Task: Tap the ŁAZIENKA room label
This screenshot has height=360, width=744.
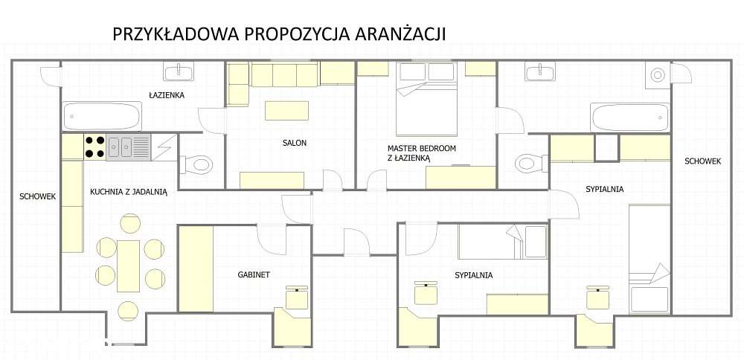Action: point(167,95)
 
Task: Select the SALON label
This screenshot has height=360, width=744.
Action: point(294,143)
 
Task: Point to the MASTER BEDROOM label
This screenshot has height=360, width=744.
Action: point(421,148)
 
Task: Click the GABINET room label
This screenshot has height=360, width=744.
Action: point(254,274)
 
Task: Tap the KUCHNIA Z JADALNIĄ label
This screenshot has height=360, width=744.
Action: point(129,191)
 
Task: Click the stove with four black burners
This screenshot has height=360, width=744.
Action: point(94,147)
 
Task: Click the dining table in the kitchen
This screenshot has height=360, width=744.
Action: point(129,266)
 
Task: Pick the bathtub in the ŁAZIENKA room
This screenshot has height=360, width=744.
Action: point(102,117)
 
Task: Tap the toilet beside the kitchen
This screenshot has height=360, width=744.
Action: point(196,164)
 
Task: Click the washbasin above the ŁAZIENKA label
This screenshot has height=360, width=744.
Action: point(179,72)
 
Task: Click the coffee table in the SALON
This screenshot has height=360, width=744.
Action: point(286,111)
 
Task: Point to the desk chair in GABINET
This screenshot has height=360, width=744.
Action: point(298,298)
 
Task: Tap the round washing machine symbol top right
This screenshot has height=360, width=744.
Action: point(658,75)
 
